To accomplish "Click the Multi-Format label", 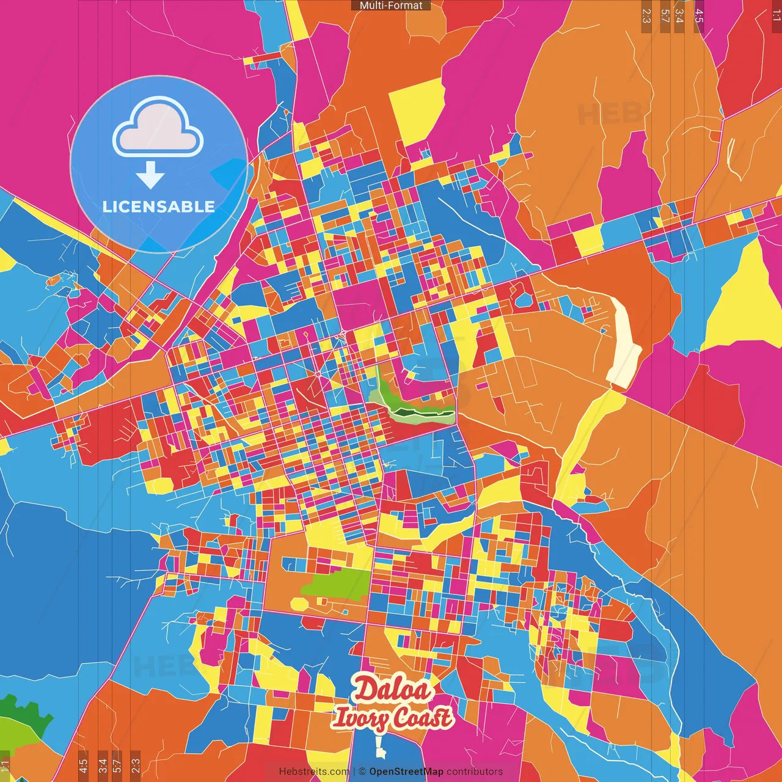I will click(391, 5).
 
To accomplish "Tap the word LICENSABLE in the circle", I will click(159, 206).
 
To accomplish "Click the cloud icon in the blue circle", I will click(158, 127).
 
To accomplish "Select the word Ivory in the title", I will click(359, 717).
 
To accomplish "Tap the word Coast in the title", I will click(421, 717).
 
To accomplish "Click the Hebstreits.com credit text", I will click(314, 772).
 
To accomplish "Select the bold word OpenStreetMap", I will click(406, 772).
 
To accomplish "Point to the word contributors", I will click(475, 772).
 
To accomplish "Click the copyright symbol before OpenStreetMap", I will click(362, 772).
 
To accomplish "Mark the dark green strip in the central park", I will click(422, 415).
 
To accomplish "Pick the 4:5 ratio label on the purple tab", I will click(699, 15).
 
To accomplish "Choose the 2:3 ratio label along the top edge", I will click(646, 15).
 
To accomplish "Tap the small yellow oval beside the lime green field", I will click(299, 604).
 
